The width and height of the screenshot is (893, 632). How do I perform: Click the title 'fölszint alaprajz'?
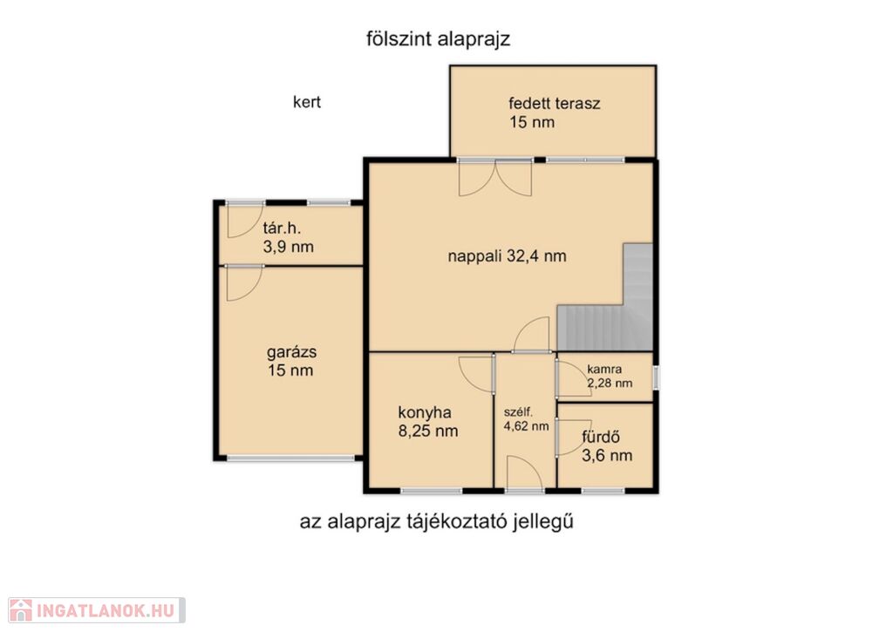click(x=438, y=39)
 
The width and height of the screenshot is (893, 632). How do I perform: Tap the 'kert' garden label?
click(x=307, y=102)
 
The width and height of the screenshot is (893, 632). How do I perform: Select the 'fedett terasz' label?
click(x=554, y=104)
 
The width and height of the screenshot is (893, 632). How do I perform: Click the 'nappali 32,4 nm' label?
click(x=507, y=256)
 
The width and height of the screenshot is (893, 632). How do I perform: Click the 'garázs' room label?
click(x=291, y=352)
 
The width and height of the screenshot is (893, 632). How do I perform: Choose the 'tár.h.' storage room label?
click(x=282, y=228)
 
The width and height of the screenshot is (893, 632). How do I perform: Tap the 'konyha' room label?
click(x=425, y=412)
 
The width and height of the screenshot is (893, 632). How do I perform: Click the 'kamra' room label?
click(x=604, y=370)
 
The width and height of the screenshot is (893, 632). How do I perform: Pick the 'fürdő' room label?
click(x=601, y=438)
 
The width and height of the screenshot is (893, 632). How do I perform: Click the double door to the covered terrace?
click(x=495, y=178)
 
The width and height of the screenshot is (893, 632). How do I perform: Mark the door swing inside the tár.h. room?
click(x=244, y=221)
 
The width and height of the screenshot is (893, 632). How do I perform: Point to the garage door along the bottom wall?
click(x=290, y=458)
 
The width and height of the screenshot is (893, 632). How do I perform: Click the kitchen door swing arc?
click(x=475, y=374)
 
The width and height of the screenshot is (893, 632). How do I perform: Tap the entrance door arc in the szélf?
click(x=525, y=472)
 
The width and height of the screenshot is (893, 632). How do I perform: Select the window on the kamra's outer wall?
click(x=656, y=377)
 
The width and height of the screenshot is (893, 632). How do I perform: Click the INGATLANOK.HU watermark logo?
click(x=97, y=610)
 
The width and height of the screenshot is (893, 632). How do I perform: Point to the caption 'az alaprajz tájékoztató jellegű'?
click(x=436, y=521)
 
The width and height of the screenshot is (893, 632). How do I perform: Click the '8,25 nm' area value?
click(x=427, y=431)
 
